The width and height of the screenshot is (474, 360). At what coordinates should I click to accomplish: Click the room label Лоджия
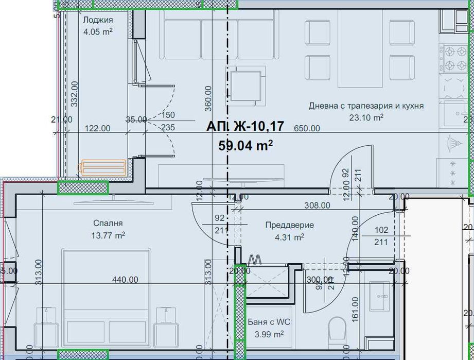98,20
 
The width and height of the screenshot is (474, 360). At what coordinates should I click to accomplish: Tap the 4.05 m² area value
98,31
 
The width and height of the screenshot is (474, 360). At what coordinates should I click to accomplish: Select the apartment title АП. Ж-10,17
245,127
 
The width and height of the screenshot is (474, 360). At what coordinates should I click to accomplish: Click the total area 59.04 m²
245,146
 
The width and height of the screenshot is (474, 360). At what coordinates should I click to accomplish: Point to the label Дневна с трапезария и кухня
366,106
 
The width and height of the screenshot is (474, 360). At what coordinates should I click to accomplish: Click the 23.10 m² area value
366,117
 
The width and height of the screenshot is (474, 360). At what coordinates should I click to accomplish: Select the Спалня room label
108,224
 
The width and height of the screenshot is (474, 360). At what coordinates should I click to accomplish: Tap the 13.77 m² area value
108,235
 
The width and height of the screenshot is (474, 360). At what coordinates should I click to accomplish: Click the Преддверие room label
289,225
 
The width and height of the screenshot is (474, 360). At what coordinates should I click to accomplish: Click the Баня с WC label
269,322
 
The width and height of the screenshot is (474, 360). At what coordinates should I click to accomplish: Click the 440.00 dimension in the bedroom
126,280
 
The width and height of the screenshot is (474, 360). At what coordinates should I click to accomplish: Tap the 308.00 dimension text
317,205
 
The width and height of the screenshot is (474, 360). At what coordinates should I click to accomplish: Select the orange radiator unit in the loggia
102,167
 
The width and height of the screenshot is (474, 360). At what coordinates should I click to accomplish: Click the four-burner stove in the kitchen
450,58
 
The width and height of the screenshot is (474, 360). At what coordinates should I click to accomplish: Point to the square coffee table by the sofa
245,84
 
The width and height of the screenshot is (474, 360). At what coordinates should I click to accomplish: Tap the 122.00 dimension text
98,129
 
